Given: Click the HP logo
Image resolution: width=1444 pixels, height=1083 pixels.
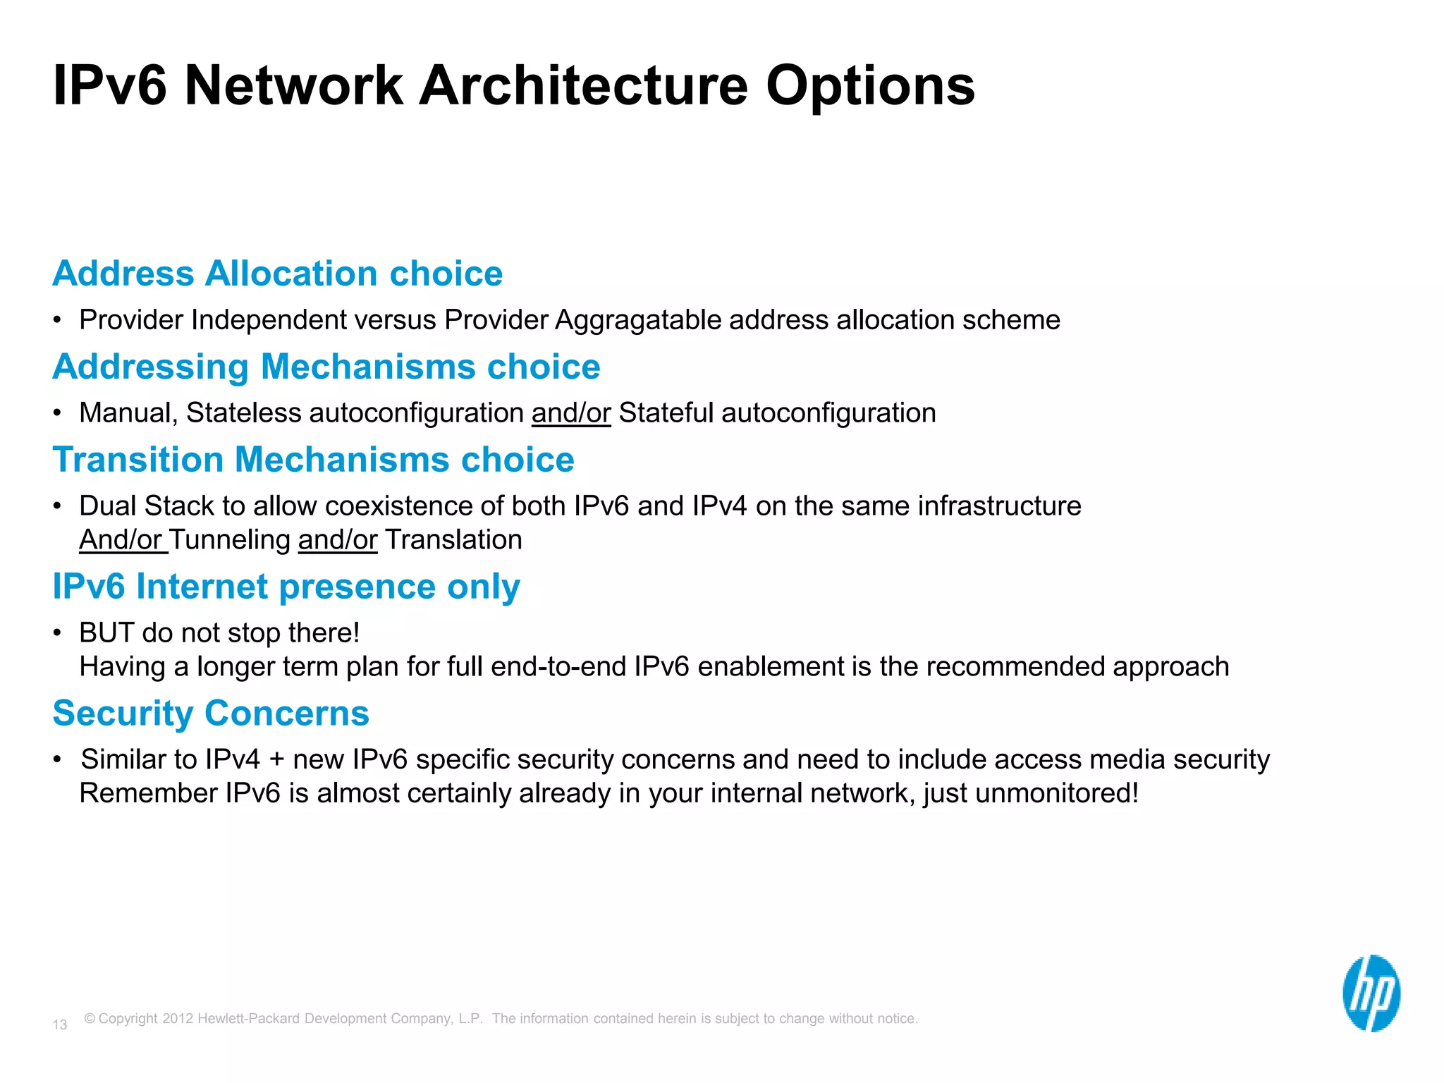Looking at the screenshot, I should point(1371,993).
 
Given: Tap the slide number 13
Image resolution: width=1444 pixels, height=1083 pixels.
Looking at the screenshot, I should point(60,1024).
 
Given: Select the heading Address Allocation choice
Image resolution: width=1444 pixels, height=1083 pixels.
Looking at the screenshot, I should point(277,274).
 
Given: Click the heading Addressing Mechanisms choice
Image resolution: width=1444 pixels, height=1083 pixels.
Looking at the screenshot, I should point(326,367).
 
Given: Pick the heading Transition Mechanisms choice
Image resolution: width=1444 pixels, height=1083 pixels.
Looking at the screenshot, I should point(313,460).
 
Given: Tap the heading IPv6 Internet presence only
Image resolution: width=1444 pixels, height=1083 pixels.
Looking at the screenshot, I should point(286,587).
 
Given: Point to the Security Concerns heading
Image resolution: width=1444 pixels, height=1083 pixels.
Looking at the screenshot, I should point(211,714).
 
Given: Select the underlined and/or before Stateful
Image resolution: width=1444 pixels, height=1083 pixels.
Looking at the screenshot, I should point(571,413).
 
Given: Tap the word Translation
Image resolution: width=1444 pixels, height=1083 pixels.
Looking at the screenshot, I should point(453,540).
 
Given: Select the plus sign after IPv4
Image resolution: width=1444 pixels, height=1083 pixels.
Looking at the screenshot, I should point(276,760).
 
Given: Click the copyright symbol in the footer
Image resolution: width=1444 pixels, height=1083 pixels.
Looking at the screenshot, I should point(90,1018).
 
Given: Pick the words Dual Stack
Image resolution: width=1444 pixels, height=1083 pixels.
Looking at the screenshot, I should point(147,506).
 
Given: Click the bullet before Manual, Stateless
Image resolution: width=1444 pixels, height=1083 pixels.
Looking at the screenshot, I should point(58,414).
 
